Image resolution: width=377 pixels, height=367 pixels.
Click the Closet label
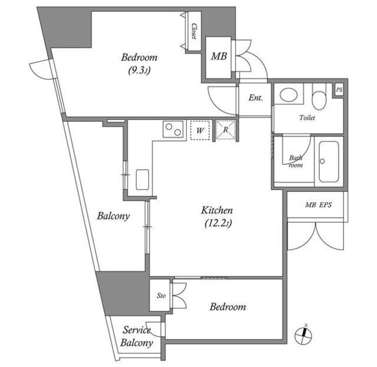click(194, 31)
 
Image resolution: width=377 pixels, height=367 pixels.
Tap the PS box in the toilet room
click(339, 90)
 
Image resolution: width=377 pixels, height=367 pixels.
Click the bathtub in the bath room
click(329, 162)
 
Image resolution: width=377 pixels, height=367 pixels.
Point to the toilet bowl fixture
click(319, 96)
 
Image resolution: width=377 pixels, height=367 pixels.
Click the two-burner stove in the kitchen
click(173, 129)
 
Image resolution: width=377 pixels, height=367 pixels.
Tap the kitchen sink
click(143, 179)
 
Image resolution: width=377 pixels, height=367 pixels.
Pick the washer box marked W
click(200, 130)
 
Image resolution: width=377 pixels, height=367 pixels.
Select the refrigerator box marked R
click(225, 129)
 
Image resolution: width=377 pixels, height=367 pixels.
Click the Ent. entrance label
click(256, 98)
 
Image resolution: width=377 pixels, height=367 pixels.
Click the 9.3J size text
click(139, 71)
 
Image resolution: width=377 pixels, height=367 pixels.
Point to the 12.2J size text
click(218, 223)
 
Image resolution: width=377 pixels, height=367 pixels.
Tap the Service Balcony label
click(136, 336)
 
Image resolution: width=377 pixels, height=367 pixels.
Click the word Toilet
click(307, 118)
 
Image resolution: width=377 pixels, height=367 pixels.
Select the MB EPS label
click(318, 205)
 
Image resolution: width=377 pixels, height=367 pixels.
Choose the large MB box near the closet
click(219, 58)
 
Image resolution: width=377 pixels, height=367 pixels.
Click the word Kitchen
click(217, 211)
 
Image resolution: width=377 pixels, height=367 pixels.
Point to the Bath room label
click(296, 162)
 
